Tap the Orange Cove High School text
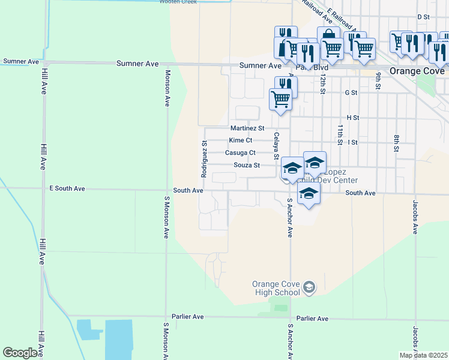click(276, 288)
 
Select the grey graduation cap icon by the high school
click(309, 288)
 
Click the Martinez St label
click(247, 128)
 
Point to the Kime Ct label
click(240, 140)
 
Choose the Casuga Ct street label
click(240, 153)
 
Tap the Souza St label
click(246, 165)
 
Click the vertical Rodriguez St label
click(204, 159)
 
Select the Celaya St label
click(277, 146)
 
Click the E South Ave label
click(67, 188)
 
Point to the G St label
click(351, 93)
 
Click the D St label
click(424, 17)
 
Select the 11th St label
click(340, 135)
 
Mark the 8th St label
click(396, 145)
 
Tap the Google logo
click(20, 353)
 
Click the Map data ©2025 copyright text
click(423, 355)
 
